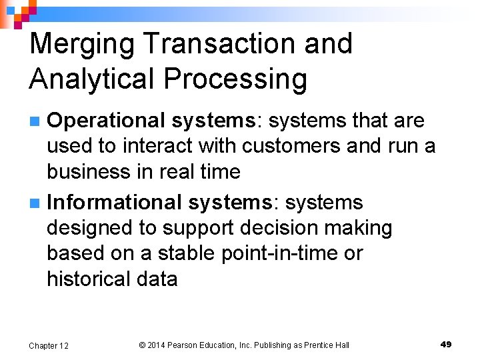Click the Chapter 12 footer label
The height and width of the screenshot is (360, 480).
tap(49, 345)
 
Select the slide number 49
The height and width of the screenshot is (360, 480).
tap(446, 344)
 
